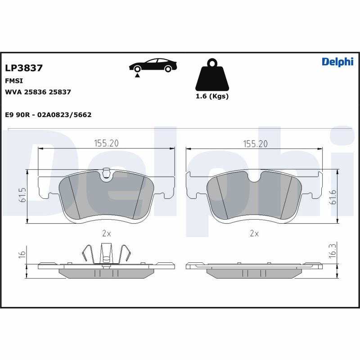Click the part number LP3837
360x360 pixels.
(24, 68)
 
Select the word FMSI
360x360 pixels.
(14, 81)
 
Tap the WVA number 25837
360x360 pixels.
(60, 92)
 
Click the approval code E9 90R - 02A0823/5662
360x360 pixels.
(48, 115)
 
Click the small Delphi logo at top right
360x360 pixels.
(337, 62)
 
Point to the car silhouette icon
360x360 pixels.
(153, 65)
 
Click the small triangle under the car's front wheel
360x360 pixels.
(137, 75)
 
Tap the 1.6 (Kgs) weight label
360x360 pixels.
(212, 96)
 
